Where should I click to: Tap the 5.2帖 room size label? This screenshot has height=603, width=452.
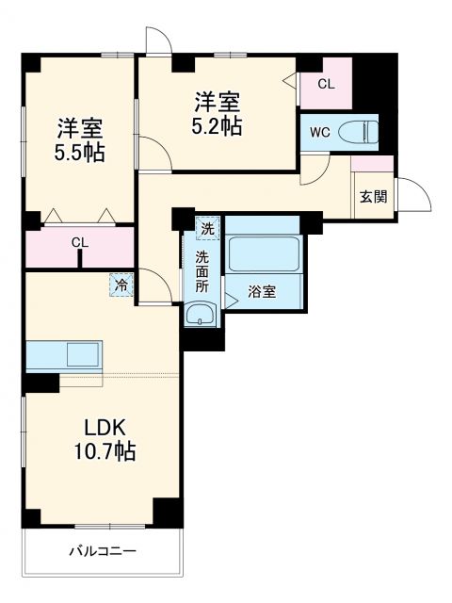pyautogui.click(x=219, y=124)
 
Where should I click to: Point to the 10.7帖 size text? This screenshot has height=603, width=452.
pyautogui.click(x=105, y=452)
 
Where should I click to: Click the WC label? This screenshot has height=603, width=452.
pyautogui.click(x=318, y=133)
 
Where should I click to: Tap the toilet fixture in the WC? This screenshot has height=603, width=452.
pyautogui.click(x=358, y=132)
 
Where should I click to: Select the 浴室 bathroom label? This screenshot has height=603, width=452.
pyautogui.click(x=263, y=291)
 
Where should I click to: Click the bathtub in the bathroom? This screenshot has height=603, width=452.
pyautogui.click(x=263, y=253)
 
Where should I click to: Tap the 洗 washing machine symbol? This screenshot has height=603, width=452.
pyautogui.click(x=206, y=228)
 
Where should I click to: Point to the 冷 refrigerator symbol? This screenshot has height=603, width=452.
pyautogui.click(x=121, y=283)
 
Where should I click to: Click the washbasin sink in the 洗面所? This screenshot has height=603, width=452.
pyautogui.click(x=200, y=315)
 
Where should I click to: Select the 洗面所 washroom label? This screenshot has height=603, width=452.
pyautogui.click(x=202, y=270)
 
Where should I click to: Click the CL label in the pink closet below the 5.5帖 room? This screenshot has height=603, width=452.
pyautogui.click(x=81, y=243)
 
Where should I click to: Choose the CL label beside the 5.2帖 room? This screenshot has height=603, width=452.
pyautogui.click(x=325, y=84)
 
